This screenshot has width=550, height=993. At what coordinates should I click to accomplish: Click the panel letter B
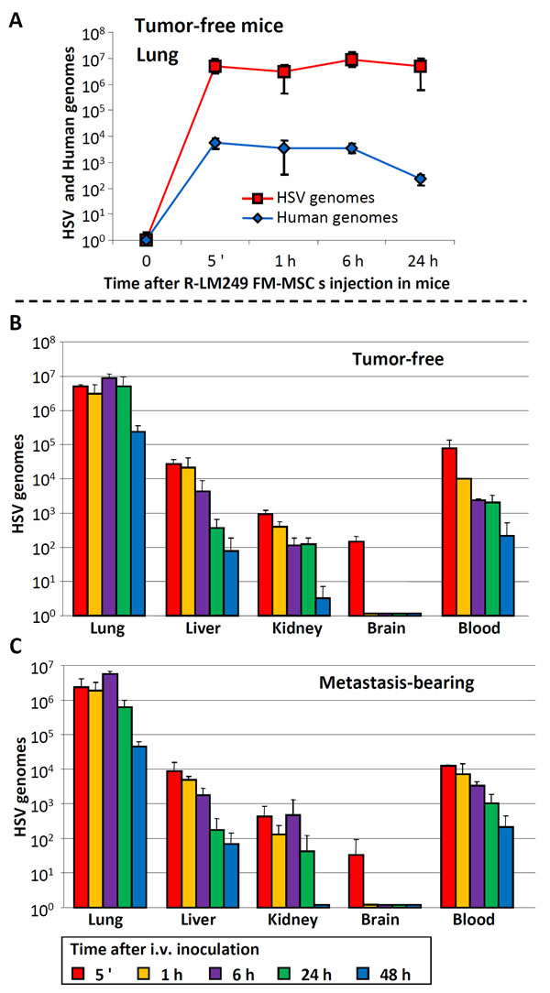pos(16,324)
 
